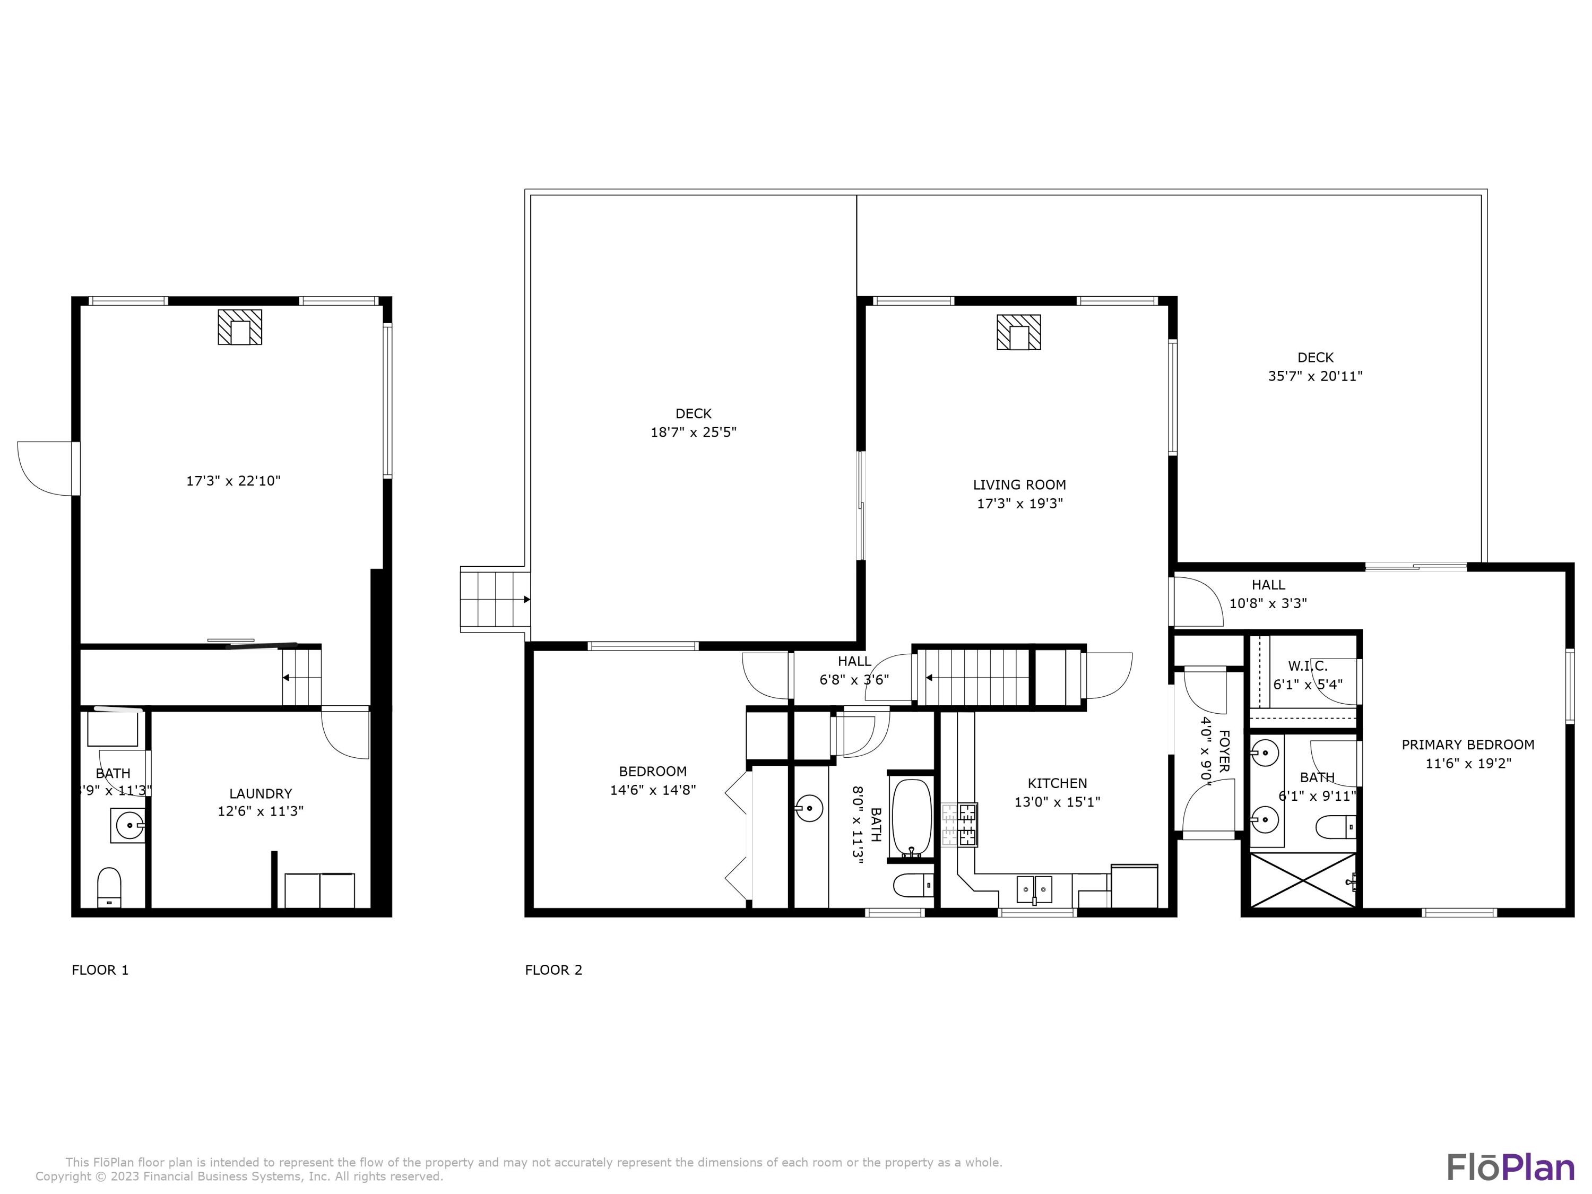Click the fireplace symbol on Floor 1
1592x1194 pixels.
tap(240, 327)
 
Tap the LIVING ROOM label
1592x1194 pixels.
tap(1019, 485)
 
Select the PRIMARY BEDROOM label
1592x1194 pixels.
tap(1467, 745)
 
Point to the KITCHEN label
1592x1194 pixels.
tap(1057, 783)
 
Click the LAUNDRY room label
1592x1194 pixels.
tap(261, 793)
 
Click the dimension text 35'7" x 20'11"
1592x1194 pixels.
tap(1315, 376)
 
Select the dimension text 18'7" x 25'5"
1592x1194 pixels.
tap(693, 432)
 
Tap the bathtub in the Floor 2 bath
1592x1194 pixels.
tap(911, 817)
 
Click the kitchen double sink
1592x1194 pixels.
tap(1034, 889)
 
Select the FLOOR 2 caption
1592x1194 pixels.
tap(553, 970)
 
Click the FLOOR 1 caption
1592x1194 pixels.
tap(100, 970)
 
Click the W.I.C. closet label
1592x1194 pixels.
tap(1308, 667)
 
